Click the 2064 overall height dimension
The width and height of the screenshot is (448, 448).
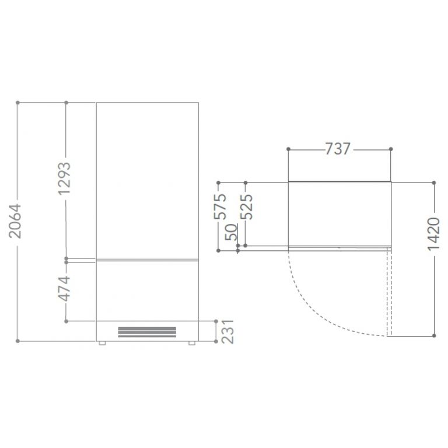(15, 221)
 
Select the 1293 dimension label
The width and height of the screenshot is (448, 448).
(64, 178)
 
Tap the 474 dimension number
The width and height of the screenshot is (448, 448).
(64, 289)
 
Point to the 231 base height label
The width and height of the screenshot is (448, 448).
(228, 332)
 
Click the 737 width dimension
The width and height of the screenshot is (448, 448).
(338, 149)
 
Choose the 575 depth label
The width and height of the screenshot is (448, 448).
(220, 206)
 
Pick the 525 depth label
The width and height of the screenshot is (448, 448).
(246, 206)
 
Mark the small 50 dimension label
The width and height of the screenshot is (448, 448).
(231, 232)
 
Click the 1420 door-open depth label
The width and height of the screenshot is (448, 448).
(433, 234)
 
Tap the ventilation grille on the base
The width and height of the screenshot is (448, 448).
(147, 332)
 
